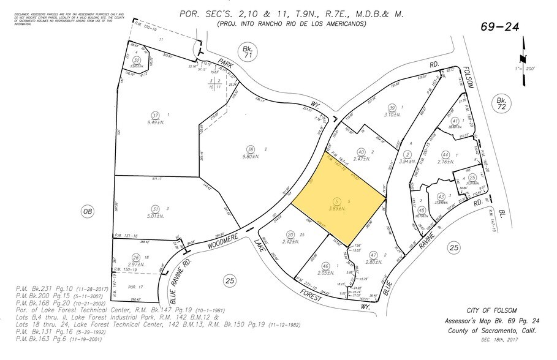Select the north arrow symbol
point(522,55)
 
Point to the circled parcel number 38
point(249,149)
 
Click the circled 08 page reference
point(88,211)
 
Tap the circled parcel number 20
point(290,235)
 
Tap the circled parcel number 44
point(445,155)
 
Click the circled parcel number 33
point(137,60)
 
